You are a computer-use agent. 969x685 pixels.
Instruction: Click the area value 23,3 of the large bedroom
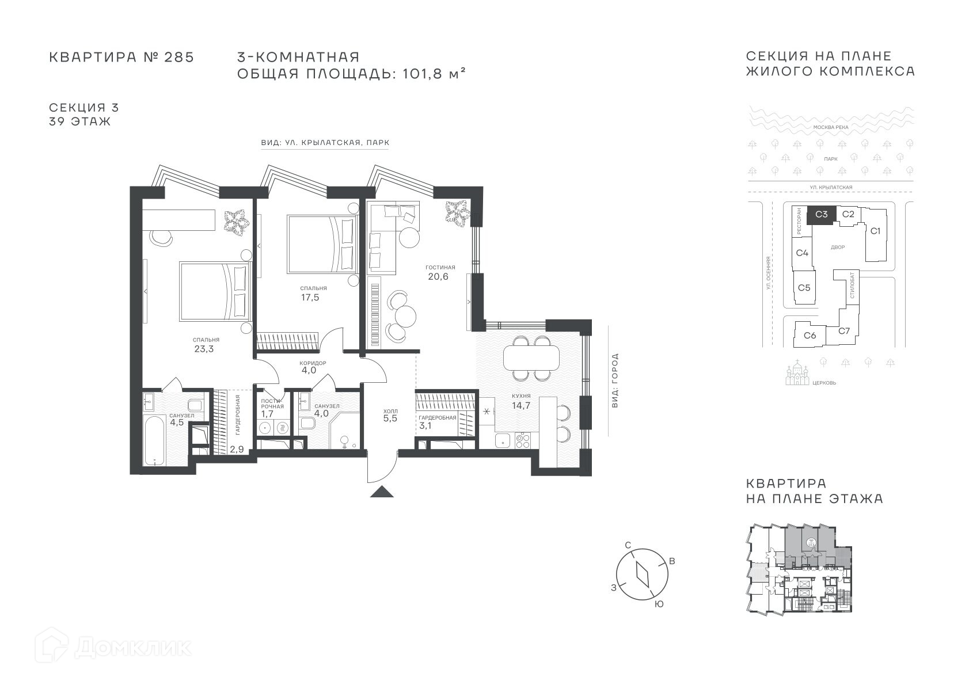tap(204, 349)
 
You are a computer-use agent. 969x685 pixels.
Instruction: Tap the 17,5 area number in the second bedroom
tap(310, 298)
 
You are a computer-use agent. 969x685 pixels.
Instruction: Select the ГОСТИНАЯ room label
tap(440, 267)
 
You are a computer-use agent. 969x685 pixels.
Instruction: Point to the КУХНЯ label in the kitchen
tap(521, 395)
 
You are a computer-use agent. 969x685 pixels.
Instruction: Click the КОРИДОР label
tap(313, 363)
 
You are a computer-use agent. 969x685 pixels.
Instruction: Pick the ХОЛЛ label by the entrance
tap(390, 411)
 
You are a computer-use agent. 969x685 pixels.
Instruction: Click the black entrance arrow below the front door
tap(382, 491)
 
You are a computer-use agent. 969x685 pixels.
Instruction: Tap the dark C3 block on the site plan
tap(821, 215)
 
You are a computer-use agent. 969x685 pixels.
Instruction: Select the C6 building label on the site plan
tap(810, 335)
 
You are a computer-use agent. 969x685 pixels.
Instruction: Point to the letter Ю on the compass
tap(659, 604)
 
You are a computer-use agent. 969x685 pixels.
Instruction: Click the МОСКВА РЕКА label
tap(831, 127)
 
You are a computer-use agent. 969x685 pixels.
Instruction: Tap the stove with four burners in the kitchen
tap(523, 440)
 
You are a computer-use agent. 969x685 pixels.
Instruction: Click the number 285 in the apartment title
tap(179, 57)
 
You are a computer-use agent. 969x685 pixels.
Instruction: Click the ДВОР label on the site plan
tap(838, 248)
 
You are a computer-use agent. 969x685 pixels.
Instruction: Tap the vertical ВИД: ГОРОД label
tap(615, 380)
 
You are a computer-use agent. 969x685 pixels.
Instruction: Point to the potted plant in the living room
tap(458, 212)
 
